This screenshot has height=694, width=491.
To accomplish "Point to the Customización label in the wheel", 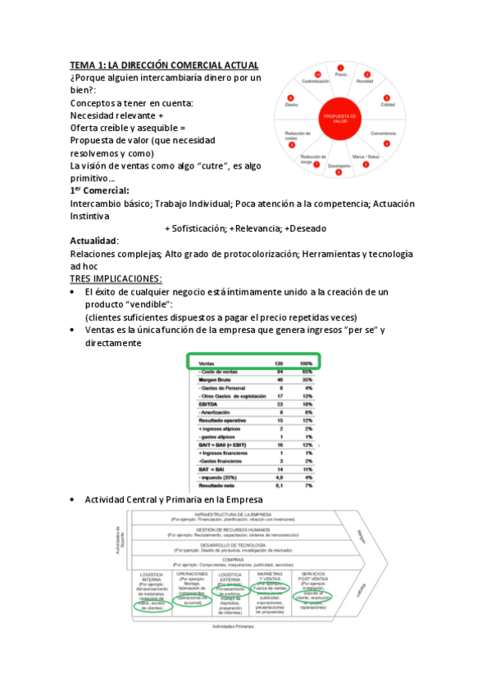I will point(316,81).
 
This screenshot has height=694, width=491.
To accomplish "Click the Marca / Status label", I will point(366,155).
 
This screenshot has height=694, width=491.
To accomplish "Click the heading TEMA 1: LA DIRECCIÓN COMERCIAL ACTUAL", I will point(165,65).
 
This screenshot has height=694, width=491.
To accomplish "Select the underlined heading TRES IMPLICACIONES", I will point(116,278).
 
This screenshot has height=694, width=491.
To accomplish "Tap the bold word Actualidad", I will point(94,241).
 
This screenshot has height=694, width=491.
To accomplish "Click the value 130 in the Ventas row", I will point(279,363).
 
